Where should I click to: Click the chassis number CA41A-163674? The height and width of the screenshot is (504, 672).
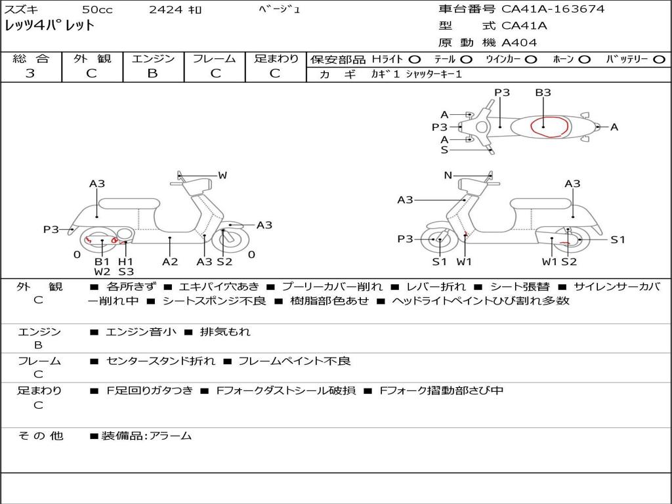coord(553,9)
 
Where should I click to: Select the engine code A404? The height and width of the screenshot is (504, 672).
coord(519,43)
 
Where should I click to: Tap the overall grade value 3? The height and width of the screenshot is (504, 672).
coord(30,73)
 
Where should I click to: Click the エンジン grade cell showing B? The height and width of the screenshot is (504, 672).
coord(152,73)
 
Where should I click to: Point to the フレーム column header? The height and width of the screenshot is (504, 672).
coord(215,58)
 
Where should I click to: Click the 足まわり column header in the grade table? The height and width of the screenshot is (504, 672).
coord(276,58)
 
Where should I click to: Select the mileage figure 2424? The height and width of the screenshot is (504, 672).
coord(165,10)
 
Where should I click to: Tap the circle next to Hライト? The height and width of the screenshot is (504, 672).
coord(415,59)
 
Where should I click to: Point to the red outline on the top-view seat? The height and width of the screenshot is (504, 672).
coord(550,126)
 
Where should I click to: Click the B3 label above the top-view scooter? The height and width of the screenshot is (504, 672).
coord(543,93)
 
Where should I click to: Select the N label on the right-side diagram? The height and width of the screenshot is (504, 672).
coord(448,175)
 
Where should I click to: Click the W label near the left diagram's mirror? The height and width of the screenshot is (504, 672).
coord(222,175)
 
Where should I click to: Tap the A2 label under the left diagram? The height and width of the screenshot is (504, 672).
coord(170,261)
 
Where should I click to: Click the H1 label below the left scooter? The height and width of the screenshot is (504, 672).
coord(125,261)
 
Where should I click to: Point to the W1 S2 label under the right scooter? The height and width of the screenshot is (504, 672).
coord(559,261)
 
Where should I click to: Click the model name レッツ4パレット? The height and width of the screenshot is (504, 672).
coord(50,26)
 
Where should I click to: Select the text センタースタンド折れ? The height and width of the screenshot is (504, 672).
coord(160,361)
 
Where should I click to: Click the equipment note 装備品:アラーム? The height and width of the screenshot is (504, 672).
coord(146,436)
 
